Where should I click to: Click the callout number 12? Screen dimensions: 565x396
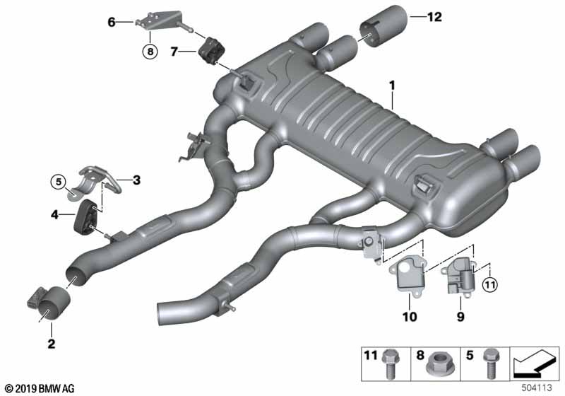coord(434,16)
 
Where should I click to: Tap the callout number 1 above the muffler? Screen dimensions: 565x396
coord(392,86)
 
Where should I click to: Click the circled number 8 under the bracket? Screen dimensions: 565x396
coord(150,52)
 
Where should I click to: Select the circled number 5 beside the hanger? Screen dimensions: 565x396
coord(59,182)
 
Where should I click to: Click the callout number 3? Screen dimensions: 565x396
coord(136,180)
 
